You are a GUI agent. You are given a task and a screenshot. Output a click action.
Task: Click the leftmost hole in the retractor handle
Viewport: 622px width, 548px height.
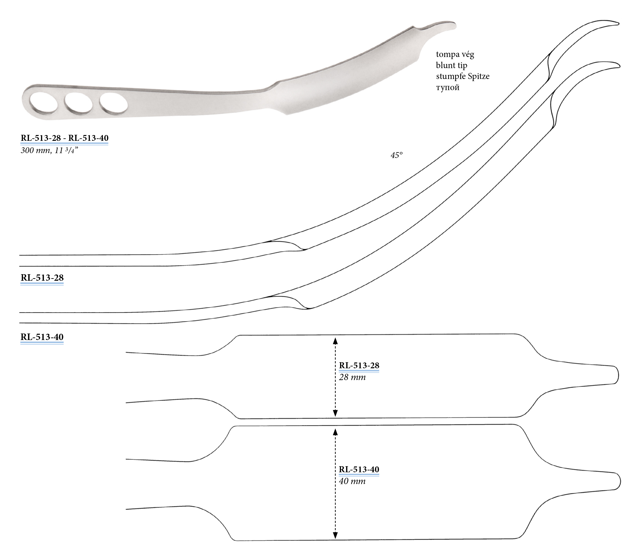pyautogui.click(x=44, y=102)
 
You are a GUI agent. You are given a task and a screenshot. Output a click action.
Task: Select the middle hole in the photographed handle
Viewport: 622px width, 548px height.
pyautogui.click(x=79, y=103)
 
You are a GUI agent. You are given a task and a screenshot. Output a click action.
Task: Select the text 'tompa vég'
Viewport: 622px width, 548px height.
pyautogui.click(x=455, y=54)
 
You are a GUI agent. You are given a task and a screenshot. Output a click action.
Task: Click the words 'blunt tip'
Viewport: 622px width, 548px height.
pyautogui.click(x=451, y=65)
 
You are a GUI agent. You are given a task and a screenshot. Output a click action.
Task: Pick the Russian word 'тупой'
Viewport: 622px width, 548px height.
pyautogui.click(x=448, y=88)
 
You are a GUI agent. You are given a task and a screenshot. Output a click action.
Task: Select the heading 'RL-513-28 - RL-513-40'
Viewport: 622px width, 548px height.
pyautogui.click(x=64, y=138)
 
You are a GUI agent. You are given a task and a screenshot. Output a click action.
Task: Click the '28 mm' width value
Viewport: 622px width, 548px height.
pyautogui.click(x=352, y=377)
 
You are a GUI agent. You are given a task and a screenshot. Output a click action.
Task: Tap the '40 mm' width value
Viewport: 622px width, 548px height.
pyautogui.click(x=352, y=481)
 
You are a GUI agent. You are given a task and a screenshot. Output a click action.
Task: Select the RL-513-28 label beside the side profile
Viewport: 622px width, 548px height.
pyautogui.click(x=42, y=278)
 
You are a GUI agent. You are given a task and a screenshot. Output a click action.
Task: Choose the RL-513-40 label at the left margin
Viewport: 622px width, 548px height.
pyautogui.click(x=42, y=337)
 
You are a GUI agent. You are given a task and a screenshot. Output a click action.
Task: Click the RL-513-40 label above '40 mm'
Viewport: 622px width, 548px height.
pyautogui.click(x=359, y=469)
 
